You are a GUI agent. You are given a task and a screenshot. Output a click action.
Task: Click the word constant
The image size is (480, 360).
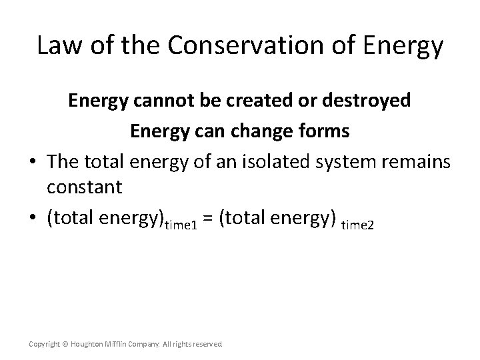tap(85, 187)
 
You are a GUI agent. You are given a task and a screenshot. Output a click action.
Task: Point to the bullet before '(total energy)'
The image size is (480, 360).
tap(31, 217)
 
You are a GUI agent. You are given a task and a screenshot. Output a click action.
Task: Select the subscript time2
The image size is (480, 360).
tap(358, 225)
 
